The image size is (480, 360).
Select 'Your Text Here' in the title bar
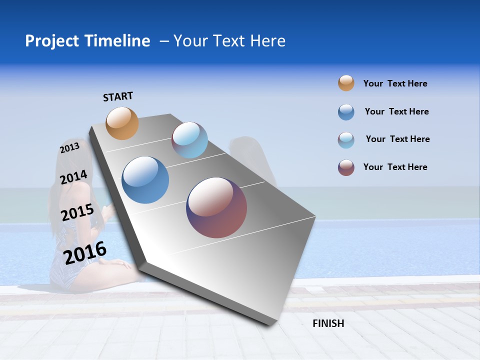pyautogui.click(x=229, y=41)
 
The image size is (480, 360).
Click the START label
pyautogui.click(x=118, y=96)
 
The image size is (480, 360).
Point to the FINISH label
pyautogui.click(x=328, y=323)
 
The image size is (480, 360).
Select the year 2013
pyautogui.click(x=70, y=148)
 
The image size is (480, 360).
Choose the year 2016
pyautogui.click(x=85, y=253)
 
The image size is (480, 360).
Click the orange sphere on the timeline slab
pyautogui.click(x=122, y=123)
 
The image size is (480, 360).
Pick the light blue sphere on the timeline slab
pyautogui.click(x=190, y=140)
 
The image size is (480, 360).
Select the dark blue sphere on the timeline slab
pyautogui.click(x=145, y=180)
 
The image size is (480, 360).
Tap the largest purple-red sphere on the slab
pyautogui.click(x=216, y=207)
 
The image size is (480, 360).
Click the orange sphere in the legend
pyautogui.click(x=346, y=83)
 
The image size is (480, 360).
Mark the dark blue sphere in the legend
pyautogui.click(x=346, y=112)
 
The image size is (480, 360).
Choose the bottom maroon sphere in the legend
pyautogui.click(x=346, y=167)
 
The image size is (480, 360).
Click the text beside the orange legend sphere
pyautogui.click(x=395, y=84)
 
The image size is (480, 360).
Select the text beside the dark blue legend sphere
pyautogui.click(x=396, y=111)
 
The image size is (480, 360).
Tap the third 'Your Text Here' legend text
pyautogui.click(x=397, y=139)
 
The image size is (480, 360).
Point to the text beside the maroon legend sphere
pyautogui.click(x=395, y=167)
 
